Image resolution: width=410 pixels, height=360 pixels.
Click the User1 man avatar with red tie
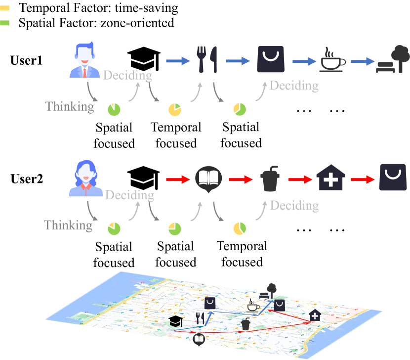pyautogui.click(x=86, y=60)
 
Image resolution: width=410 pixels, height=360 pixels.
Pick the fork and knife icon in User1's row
pyautogui.click(x=206, y=60)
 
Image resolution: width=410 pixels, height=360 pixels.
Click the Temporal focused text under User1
pyautogui.click(x=176, y=135)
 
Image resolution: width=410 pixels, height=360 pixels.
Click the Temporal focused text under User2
pyautogui.click(x=242, y=254)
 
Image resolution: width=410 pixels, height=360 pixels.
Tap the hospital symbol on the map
pyautogui.click(x=314, y=315)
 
